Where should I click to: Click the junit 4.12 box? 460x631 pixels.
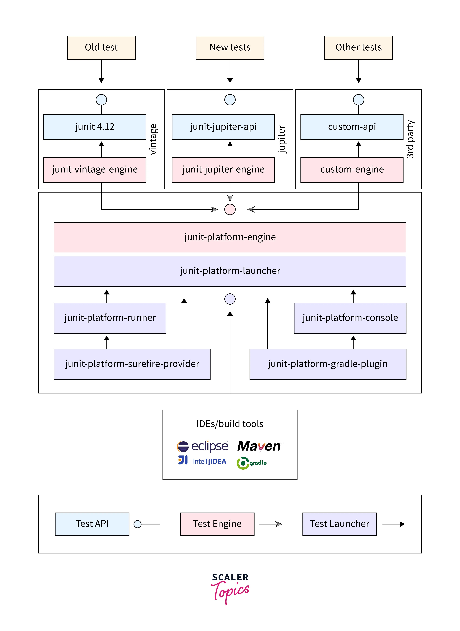tap(95, 127)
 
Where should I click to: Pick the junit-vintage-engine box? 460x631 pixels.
tap(95, 170)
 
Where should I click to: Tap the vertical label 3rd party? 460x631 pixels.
tap(410, 139)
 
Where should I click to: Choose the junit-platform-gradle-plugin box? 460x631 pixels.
tap(328, 364)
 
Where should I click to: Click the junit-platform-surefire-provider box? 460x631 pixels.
tap(132, 364)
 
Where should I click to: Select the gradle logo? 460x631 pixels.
tap(251, 463)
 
